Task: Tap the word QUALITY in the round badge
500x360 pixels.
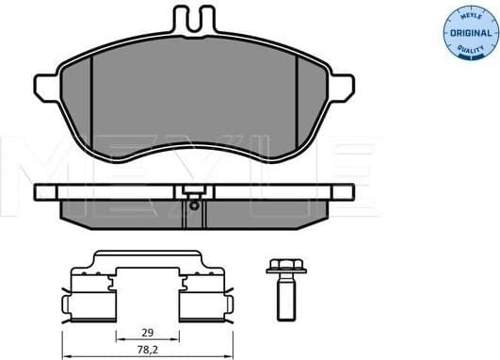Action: (468, 51)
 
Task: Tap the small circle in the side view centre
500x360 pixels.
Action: (193, 204)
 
